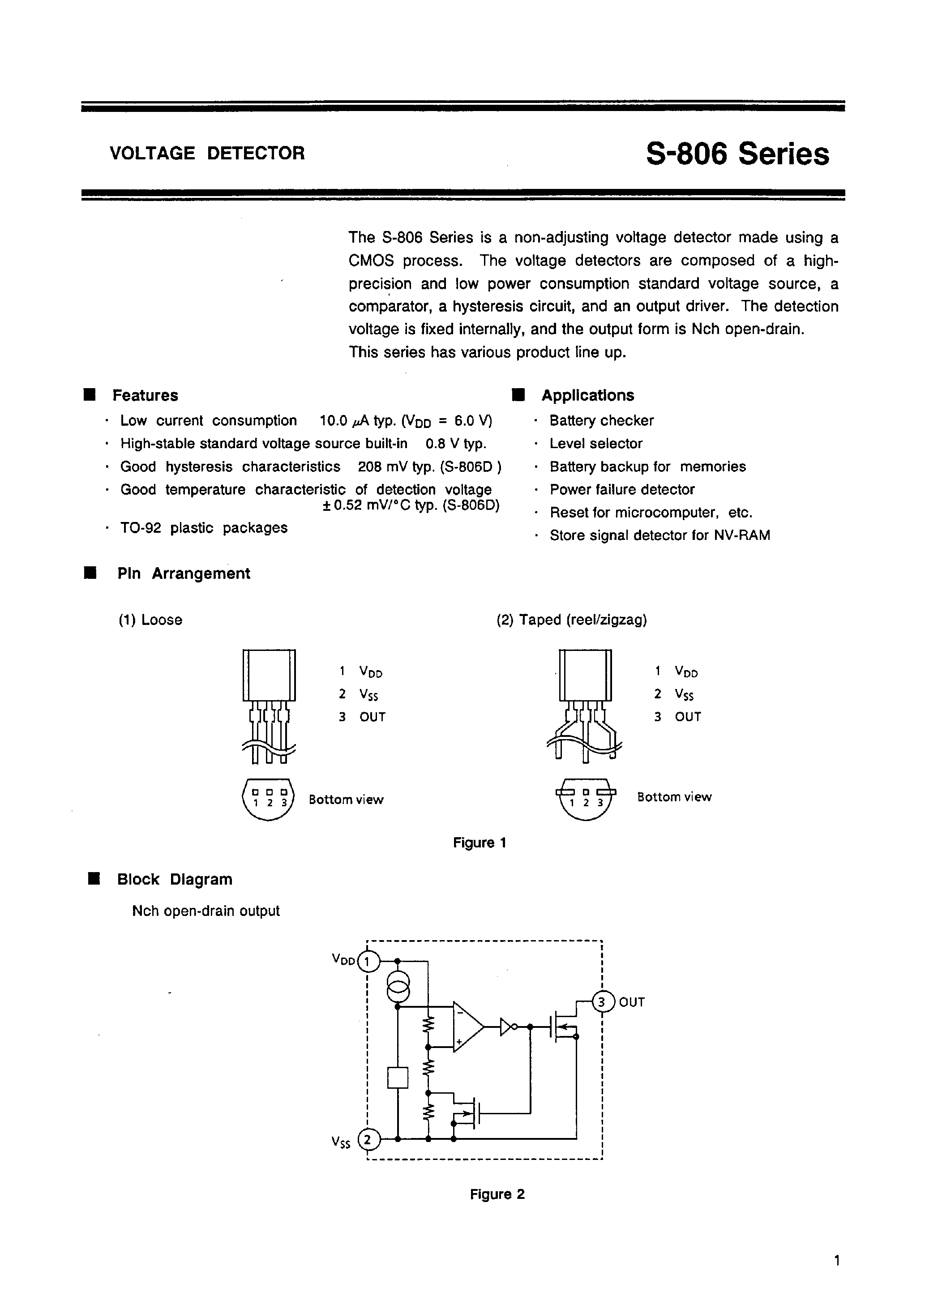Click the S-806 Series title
tap(737, 154)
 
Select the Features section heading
tap(145, 395)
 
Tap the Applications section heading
tap(587, 395)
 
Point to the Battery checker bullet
tap(601, 421)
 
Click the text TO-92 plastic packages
tap(204, 528)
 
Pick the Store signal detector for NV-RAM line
tap(659, 536)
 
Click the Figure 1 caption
tap(480, 843)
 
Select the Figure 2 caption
tap(497, 1194)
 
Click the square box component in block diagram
tap(398, 1078)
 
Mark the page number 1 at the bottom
tap(837, 1261)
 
